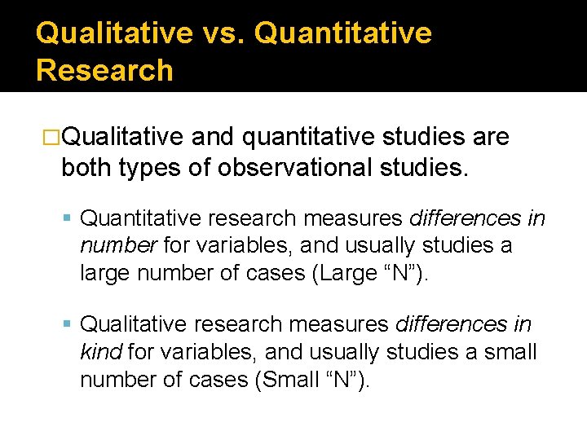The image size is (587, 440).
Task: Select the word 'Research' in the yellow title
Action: coord(104,70)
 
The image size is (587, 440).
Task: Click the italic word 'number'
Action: coord(118,245)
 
